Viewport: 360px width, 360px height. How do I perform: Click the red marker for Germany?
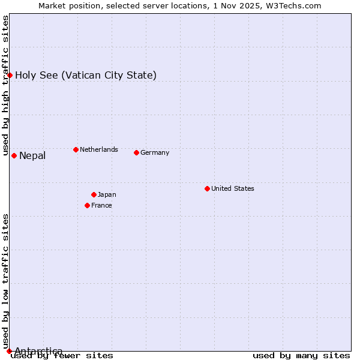point(136,152)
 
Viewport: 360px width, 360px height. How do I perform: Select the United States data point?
point(207,188)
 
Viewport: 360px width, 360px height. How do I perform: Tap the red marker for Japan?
point(94,194)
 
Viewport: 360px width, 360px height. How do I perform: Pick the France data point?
point(87,205)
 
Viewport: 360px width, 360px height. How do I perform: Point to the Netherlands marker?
point(76,149)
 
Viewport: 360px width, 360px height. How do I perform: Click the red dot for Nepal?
point(14,155)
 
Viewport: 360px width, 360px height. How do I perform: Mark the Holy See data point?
point(10,75)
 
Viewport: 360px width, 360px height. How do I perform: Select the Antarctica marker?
point(9,351)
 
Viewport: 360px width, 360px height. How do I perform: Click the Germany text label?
point(155,152)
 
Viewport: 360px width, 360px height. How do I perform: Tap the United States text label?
point(233,188)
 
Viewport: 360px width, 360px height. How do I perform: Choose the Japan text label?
point(107,194)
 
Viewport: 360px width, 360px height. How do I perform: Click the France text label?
point(101,205)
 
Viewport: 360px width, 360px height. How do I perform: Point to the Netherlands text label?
point(99,149)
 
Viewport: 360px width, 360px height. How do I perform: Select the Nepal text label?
point(32,156)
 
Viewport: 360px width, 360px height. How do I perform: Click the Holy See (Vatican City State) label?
point(86,75)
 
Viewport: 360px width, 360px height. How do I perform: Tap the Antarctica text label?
point(38,351)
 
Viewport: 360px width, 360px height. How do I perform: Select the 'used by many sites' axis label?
point(301,356)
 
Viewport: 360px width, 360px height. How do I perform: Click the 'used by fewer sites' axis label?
point(62,356)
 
